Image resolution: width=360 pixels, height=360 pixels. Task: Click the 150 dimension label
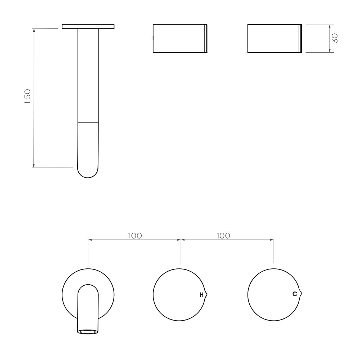(28, 97)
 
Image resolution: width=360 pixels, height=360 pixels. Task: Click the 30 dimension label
(335, 38)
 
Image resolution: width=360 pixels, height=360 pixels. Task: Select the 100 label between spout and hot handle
(135, 235)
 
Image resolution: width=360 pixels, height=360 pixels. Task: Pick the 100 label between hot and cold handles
(223, 235)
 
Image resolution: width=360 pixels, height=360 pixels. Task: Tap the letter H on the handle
(201, 295)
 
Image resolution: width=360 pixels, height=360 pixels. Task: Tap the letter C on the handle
(294, 294)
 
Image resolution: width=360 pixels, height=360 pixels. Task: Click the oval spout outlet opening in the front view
(88, 331)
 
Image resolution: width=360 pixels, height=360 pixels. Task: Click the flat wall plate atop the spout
(88, 26)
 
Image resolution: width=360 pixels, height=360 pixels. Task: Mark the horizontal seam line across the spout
(88, 122)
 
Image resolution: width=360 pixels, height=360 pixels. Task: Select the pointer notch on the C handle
(301, 293)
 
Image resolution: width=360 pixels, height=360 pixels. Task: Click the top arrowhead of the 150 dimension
(33, 30)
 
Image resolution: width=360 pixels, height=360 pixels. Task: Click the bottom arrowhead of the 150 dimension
(33, 166)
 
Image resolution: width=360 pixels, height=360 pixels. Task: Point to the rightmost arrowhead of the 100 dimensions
(272, 239)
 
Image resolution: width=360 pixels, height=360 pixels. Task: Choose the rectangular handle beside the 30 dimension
(275, 38)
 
